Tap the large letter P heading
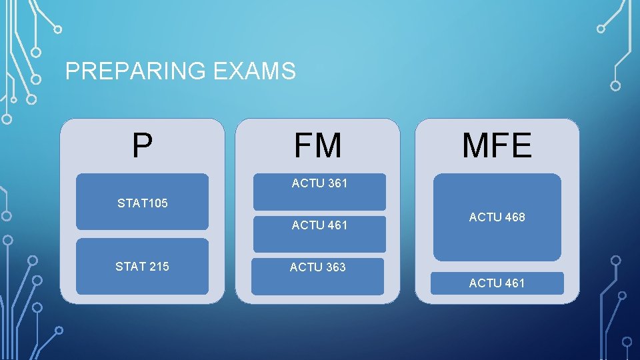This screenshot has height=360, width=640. (x=141, y=145)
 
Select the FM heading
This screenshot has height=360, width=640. (x=318, y=145)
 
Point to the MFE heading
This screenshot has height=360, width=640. (x=497, y=145)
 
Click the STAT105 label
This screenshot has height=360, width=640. (x=142, y=203)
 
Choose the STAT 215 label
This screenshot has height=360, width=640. (x=142, y=267)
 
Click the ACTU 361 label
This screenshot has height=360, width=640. (x=319, y=183)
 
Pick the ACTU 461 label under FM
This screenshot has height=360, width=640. (x=319, y=225)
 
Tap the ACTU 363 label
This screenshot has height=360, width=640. (x=317, y=267)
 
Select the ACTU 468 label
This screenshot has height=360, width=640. (x=497, y=217)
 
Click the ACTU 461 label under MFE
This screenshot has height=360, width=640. (x=497, y=283)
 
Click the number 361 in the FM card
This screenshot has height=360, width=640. (x=336, y=183)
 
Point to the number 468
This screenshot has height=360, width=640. (x=513, y=217)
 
